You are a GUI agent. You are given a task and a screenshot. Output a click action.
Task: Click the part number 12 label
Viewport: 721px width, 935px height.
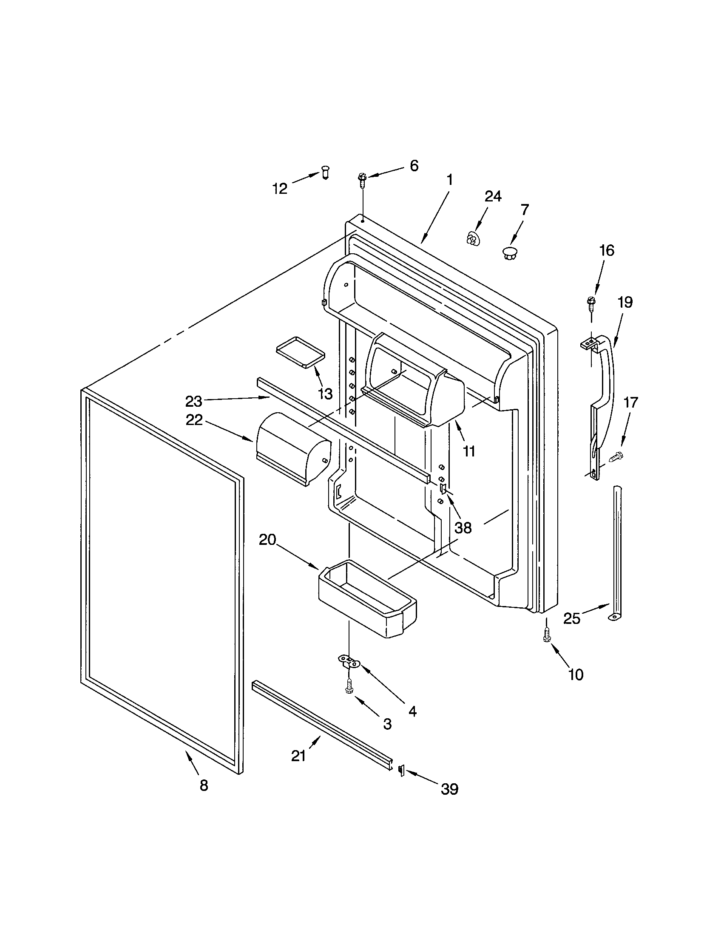[280, 188]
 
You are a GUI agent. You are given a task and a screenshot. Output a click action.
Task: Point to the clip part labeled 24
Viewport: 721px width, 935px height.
[472, 238]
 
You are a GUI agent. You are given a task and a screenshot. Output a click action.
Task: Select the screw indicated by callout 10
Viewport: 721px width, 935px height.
[547, 636]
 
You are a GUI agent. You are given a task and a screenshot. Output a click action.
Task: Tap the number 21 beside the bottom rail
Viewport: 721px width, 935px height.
[298, 756]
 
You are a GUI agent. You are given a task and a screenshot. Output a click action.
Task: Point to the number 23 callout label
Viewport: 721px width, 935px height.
[193, 401]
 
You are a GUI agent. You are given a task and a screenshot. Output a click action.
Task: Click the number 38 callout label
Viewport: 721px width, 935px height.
[463, 528]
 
